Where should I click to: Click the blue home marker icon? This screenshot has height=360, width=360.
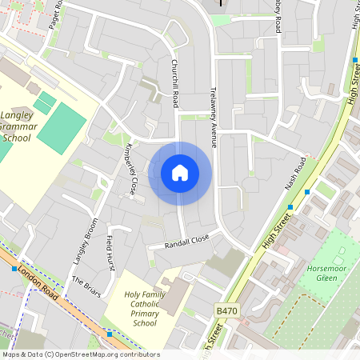[x=180, y=173]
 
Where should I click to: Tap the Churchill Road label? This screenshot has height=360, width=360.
[x=174, y=83]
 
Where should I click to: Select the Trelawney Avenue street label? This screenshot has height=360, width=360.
[x=214, y=115]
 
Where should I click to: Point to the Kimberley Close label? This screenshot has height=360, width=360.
[x=130, y=170]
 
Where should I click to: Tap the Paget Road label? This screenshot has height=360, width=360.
[x=54, y=14]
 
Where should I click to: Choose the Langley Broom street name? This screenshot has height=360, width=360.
[x=85, y=240]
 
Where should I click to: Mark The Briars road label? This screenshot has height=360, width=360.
[x=86, y=286]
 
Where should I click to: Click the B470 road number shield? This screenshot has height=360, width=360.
[x=226, y=309]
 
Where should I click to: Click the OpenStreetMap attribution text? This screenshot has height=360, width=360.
[x=80, y=354]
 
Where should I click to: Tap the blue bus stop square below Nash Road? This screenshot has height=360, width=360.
[x=290, y=206]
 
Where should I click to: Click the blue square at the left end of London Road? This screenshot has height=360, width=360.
[x=14, y=269]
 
